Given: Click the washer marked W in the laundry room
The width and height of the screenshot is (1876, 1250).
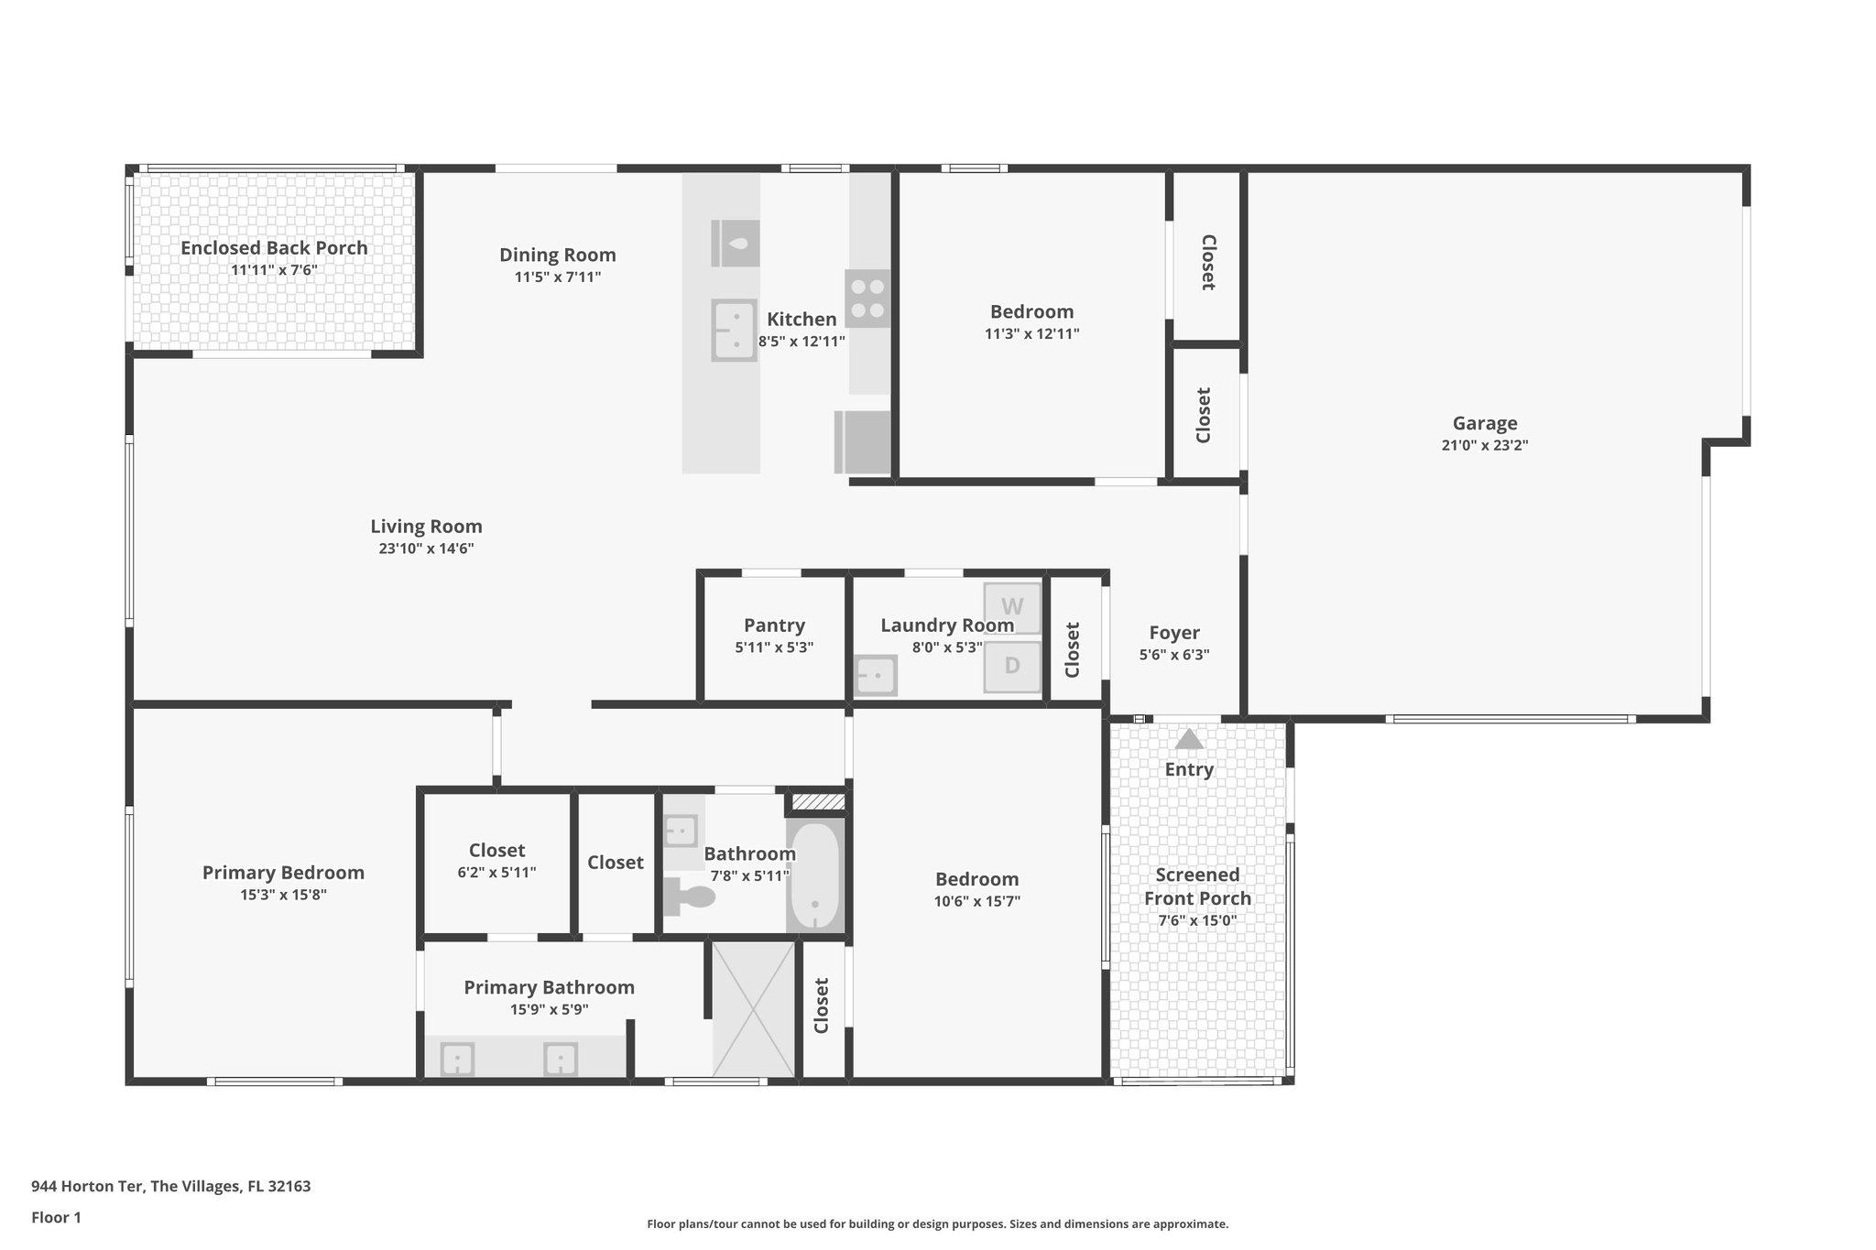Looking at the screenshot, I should coord(1012,607).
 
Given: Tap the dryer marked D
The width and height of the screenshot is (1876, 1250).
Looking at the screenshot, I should coord(1012,666).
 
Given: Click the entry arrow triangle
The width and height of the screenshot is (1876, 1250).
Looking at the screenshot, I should coord(1189,739).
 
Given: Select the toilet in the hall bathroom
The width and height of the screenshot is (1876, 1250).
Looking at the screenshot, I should coord(689,897).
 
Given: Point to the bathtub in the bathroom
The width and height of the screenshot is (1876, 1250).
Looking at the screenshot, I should coord(814,876).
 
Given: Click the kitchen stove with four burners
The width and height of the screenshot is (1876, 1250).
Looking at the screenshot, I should coord(867,299).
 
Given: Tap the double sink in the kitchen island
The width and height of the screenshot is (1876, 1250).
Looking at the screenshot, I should coord(735,330).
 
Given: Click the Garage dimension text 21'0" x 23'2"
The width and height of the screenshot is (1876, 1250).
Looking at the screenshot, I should coord(1484,446).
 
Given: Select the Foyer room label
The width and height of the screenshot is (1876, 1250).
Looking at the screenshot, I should coord(1173,633).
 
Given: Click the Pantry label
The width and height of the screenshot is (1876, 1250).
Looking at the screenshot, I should coord(774,625).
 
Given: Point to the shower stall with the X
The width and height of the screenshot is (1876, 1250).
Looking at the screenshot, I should coord(753,1008).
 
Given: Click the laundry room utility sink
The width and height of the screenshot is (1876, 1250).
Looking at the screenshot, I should coord(875,676).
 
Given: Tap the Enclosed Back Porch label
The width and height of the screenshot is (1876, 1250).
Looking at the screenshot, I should coord(274,248).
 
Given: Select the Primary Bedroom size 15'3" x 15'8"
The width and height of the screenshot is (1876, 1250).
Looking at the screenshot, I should coord(283,896).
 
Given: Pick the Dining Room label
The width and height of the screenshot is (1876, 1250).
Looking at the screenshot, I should coord(557,255).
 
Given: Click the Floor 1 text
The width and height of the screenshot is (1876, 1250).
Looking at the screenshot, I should coord(56,1218).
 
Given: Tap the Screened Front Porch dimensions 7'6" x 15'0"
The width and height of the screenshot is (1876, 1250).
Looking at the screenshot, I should coord(1196,921).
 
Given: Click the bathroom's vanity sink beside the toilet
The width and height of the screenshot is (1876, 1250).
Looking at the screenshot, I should coord(680,832).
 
